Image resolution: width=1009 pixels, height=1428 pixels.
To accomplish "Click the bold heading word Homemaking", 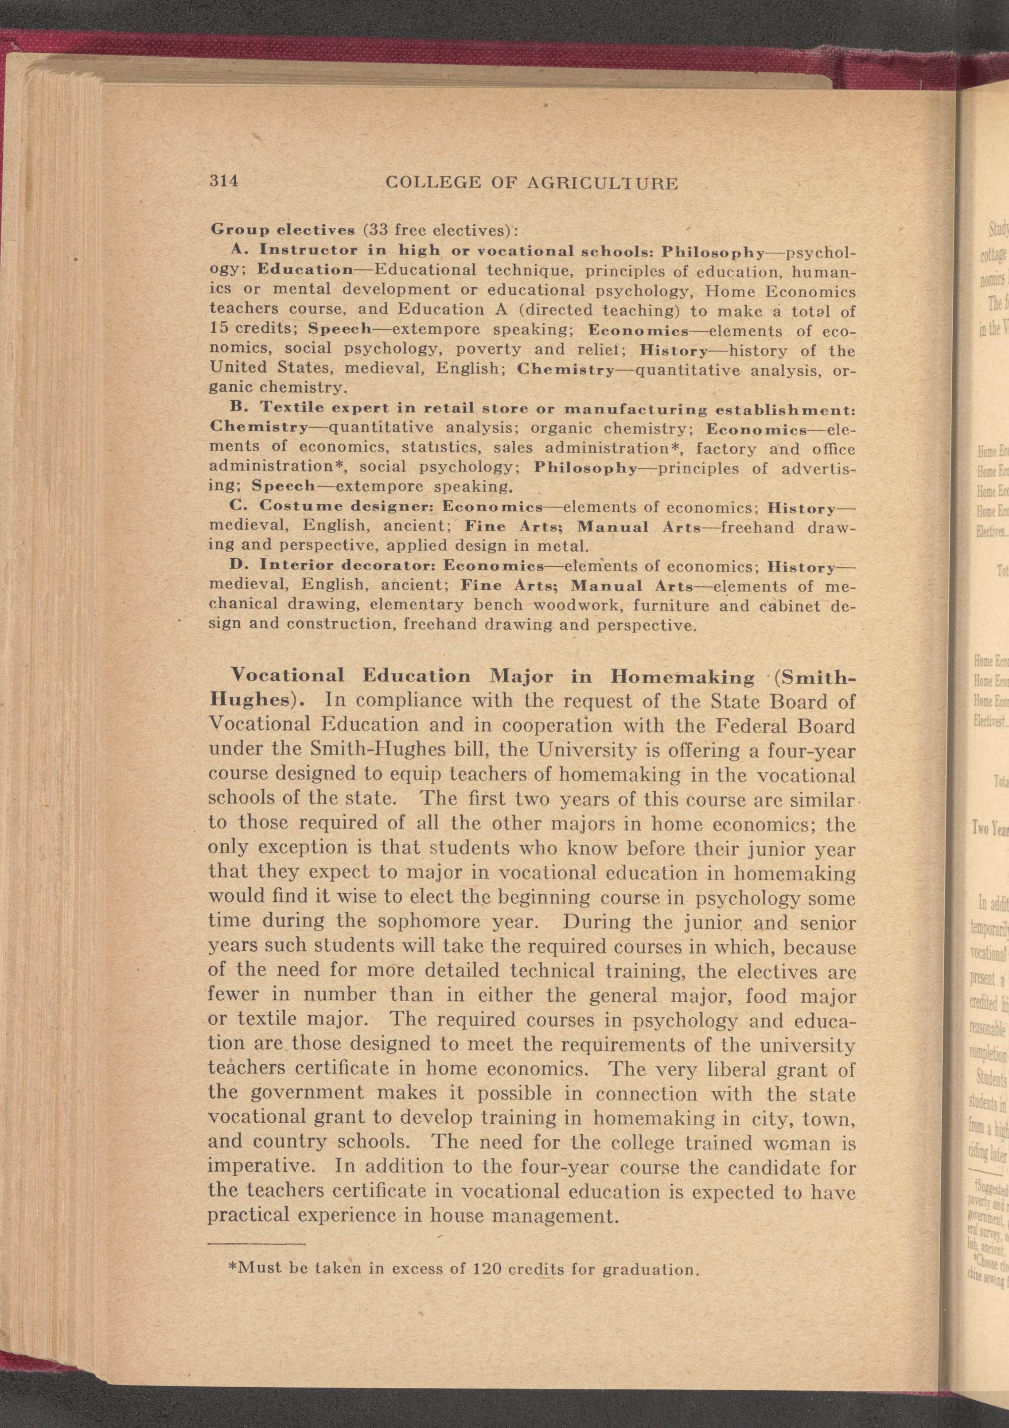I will coord(682,677).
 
